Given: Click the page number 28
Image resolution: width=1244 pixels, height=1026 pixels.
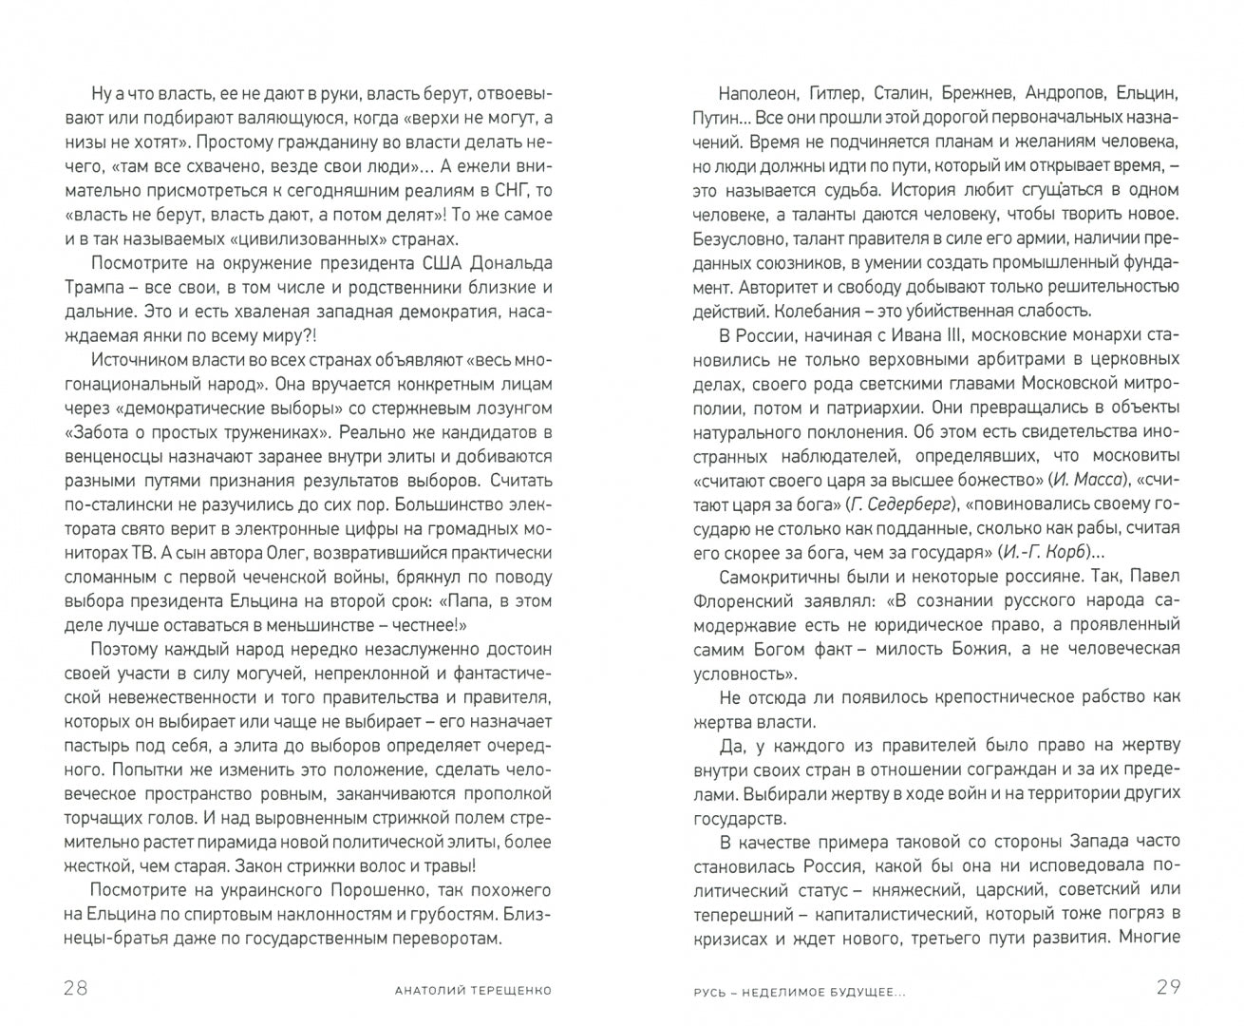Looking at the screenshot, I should [76, 988].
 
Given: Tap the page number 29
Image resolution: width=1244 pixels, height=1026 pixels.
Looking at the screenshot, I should [1168, 988].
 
